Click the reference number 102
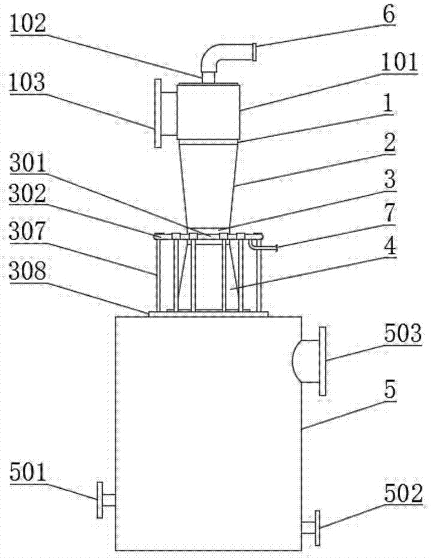(28, 24)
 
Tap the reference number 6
(388, 15)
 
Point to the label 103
(27, 83)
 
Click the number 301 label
(28, 163)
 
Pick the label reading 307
(28, 232)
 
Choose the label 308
(28, 271)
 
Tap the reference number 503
(403, 334)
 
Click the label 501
(28, 472)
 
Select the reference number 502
(404, 494)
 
